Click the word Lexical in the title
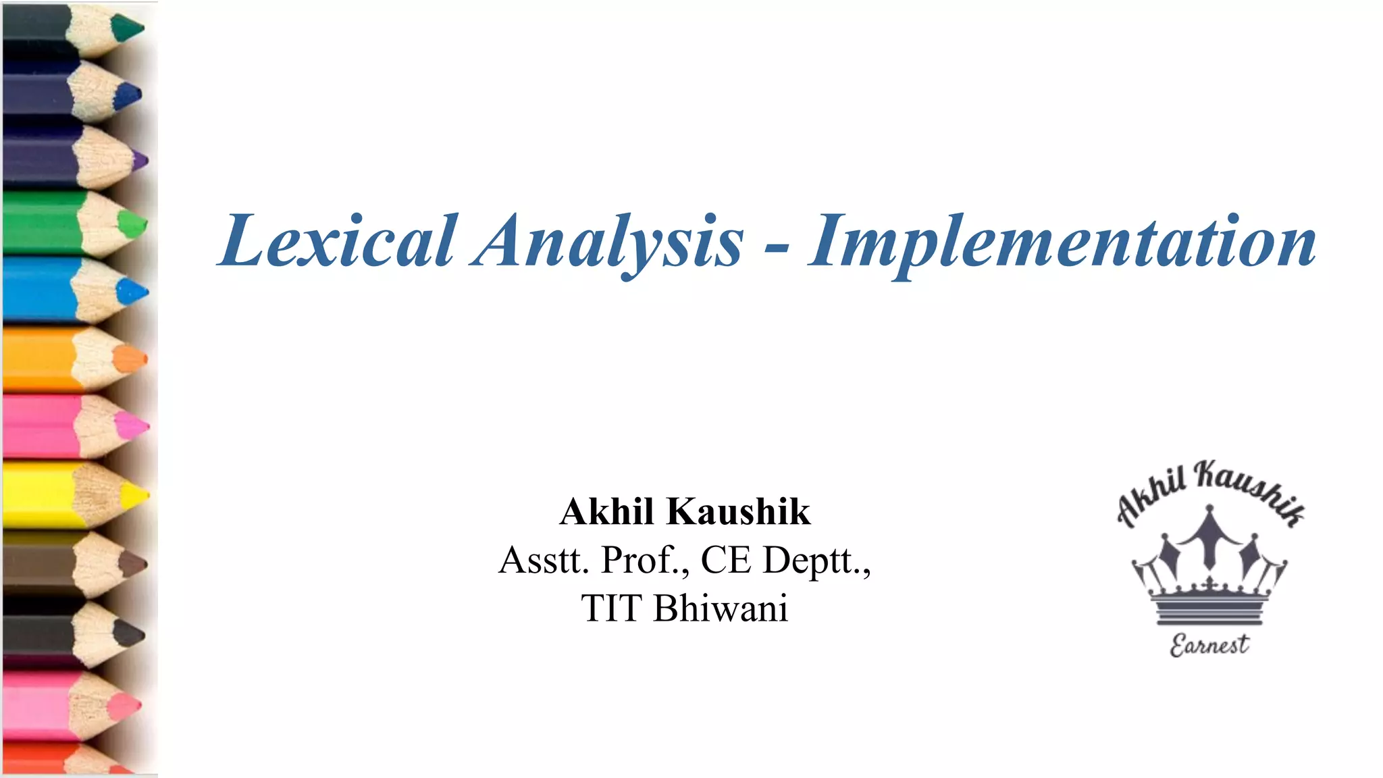coord(338,241)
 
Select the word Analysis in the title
coord(608,241)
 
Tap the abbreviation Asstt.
coord(544,560)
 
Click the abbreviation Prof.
coord(645,560)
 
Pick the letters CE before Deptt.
coord(725,560)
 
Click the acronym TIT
coord(610,608)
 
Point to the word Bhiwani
coord(721,608)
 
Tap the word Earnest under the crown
coord(1209,645)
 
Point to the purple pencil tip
coord(140,161)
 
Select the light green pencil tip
coord(132,224)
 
